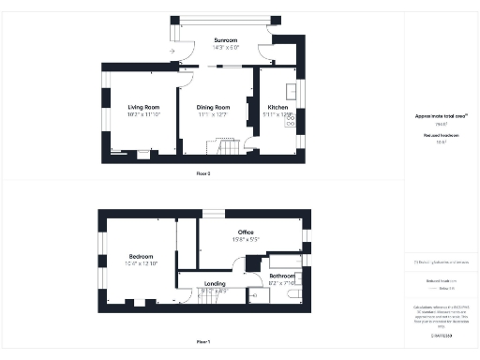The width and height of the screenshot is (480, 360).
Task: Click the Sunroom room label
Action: [225, 40]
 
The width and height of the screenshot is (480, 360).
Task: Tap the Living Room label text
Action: [142, 107]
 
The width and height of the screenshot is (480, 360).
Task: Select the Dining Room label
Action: [214, 107]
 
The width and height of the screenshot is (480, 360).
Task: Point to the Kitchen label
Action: [277, 107]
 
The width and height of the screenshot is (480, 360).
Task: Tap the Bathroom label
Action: [281, 276]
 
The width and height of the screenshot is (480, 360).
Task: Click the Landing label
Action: [215, 284]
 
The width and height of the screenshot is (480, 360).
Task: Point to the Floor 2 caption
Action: [203, 173]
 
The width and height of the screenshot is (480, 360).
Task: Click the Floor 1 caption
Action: [203, 342]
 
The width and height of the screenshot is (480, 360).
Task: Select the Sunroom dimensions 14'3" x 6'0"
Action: [226, 47]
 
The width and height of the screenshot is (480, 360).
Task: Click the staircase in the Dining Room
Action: [228, 148]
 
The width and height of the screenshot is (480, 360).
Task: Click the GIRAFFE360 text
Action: [440, 334]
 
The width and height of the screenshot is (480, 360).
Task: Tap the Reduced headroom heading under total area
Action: [439, 136]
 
